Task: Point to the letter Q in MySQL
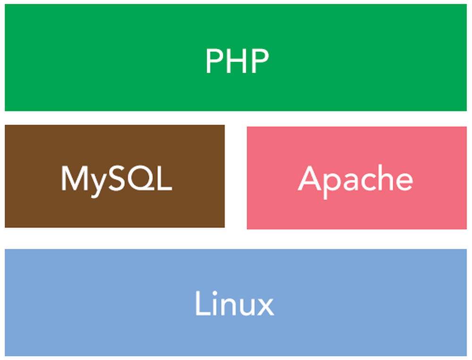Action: coord(142,179)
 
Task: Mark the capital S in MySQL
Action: coord(118,178)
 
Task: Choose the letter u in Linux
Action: coord(244,307)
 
